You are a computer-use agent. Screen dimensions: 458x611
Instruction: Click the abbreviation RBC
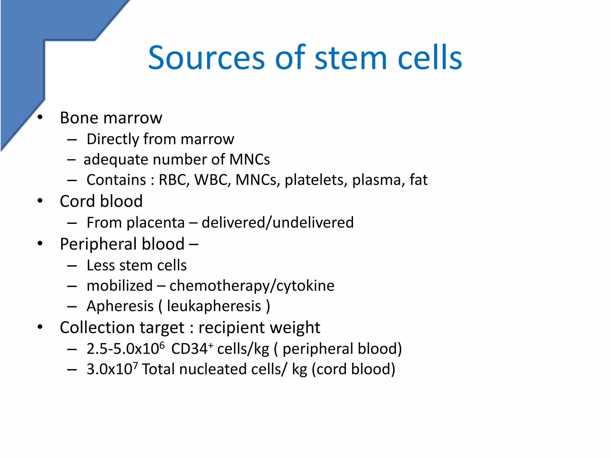click(174, 180)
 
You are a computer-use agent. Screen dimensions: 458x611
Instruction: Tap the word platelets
click(316, 180)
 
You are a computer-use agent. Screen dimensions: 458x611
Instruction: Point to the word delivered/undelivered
click(277, 223)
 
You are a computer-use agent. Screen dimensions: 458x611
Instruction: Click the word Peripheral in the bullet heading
click(98, 244)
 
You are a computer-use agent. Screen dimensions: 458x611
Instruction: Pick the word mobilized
click(120, 286)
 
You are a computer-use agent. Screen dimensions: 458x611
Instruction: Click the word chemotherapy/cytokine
click(252, 286)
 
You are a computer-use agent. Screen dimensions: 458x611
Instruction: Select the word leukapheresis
click(214, 306)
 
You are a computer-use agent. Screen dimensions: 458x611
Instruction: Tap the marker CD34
click(189, 349)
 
